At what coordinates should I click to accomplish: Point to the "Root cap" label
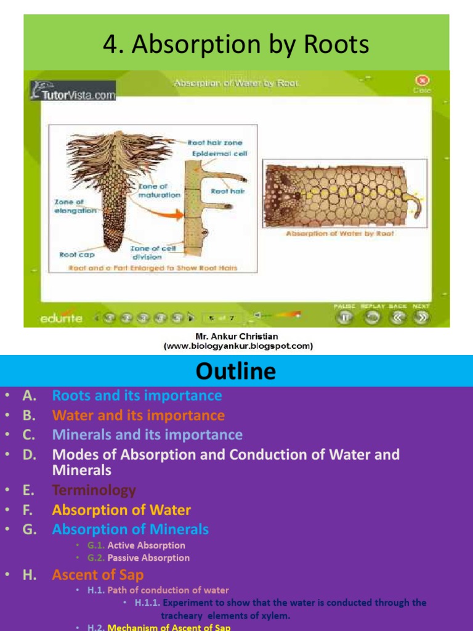[76, 254]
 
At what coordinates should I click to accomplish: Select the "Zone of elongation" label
[75, 206]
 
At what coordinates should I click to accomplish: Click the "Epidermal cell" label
[219, 153]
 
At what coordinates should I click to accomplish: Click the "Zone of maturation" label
[159, 190]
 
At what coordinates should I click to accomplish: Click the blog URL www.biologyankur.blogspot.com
[237, 346]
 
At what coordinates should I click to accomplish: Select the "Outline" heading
[236, 371]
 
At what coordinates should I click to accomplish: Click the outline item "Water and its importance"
[139, 415]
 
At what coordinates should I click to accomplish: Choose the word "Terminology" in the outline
[94, 491]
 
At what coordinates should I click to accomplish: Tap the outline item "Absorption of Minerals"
[131, 529]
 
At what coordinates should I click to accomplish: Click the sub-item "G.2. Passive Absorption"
[139, 558]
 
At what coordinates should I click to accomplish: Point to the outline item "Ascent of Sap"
[98, 575]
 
